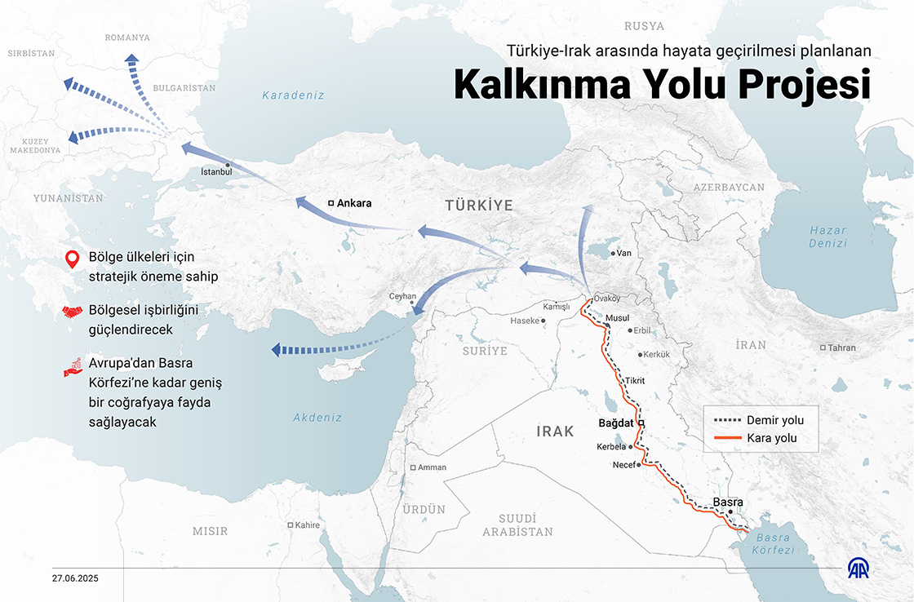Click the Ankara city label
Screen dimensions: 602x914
pos(354,203)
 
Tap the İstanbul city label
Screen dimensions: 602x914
pos(216,172)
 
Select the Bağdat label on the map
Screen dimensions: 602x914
pos(616,423)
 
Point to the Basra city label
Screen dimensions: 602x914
pos(727,502)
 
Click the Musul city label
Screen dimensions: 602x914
pos(618,317)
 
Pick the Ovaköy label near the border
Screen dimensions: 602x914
pos(607,299)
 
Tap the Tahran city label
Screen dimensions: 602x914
pos(841,347)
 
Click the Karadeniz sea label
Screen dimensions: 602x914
pos(293,95)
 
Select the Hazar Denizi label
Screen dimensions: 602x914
pos(827,237)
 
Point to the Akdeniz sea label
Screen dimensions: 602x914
pos(317,417)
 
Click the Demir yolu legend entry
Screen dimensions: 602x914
pos(775,420)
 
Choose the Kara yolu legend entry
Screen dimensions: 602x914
pos(771,438)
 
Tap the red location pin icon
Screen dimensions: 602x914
pos(73,262)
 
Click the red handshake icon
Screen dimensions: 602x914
pos(73,312)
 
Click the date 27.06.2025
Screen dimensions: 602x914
pos(75,578)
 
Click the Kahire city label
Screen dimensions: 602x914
pos(308,525)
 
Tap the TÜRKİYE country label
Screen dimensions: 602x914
pos(478,206)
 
